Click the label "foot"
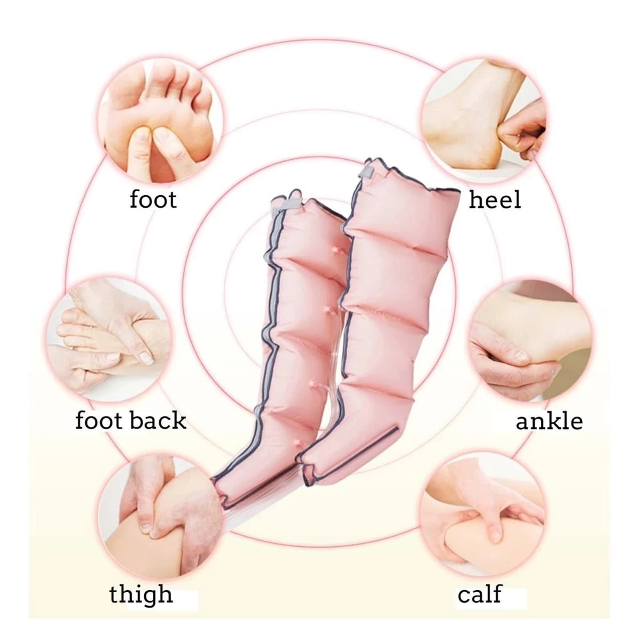pyautogui.click(x=153, y=200)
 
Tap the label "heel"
pyautogui.click(x=495, y=199)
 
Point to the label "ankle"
pyautogui.click(x=549, y=421)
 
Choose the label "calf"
pyautogui.click(x=479, y=594)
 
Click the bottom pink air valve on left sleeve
pyautogui.click(x=297, y=442)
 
